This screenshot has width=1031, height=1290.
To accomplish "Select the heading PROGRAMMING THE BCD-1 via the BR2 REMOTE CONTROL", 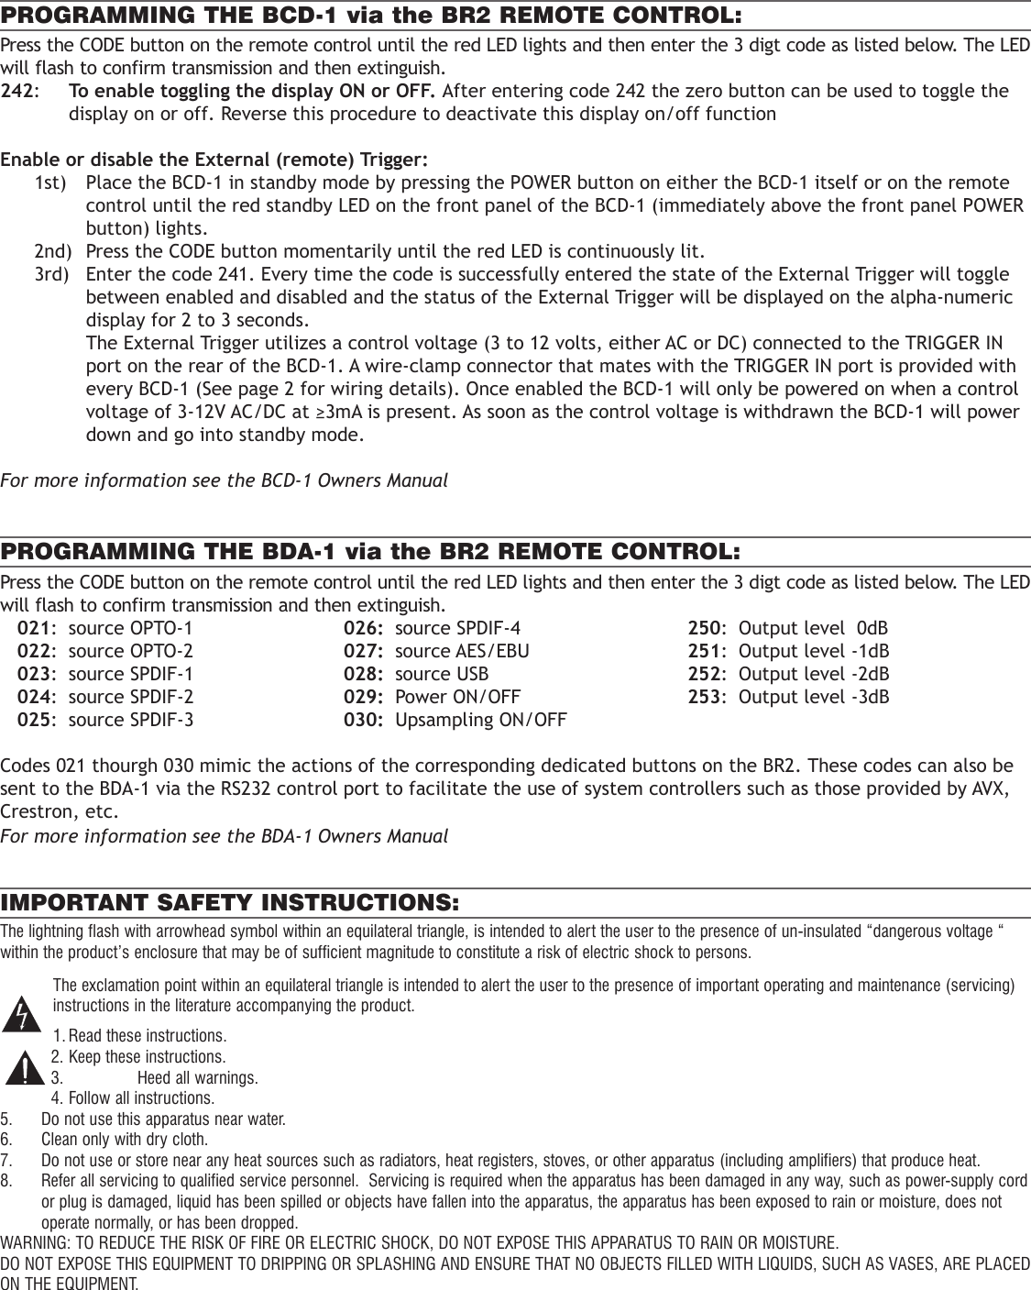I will coord(371,16).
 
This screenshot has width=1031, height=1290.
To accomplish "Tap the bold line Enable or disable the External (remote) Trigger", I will coord(214,160).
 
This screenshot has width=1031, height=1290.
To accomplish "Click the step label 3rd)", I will coord(51,275).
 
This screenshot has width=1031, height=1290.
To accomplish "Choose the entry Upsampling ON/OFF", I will coord(480,720).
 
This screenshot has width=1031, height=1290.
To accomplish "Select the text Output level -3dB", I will coord(814,697).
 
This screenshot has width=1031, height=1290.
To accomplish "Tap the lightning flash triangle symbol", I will coord(27,1014).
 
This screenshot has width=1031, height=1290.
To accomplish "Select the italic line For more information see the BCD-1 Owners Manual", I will coord(224,480).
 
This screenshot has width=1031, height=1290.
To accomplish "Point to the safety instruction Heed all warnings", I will coord(197,1077).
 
